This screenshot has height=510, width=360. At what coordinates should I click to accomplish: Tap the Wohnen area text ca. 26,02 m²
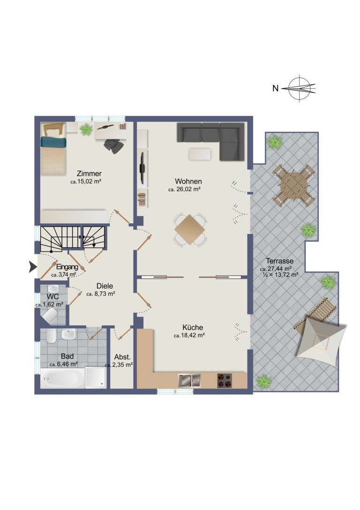coord(184,189)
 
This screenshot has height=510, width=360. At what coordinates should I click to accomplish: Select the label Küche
coord(193,327)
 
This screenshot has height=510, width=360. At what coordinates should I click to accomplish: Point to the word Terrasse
coord(280,261)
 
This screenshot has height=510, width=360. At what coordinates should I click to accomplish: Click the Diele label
coord(105,286)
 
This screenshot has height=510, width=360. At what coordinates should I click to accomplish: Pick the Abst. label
coord(122,357)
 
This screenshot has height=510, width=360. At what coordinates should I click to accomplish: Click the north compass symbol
coord(300,88)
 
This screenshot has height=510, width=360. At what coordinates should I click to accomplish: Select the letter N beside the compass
coord(276,88)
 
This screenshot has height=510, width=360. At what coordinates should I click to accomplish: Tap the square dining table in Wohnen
coord(190,229)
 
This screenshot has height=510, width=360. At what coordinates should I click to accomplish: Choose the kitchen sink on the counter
coord(189,381)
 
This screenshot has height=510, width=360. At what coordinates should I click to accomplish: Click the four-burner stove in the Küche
coord(225,381)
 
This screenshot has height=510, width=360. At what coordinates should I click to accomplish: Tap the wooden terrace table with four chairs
coord(294,185)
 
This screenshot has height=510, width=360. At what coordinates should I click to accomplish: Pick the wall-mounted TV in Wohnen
coord(142,168)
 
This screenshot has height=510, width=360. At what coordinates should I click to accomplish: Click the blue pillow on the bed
coord(53,142)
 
